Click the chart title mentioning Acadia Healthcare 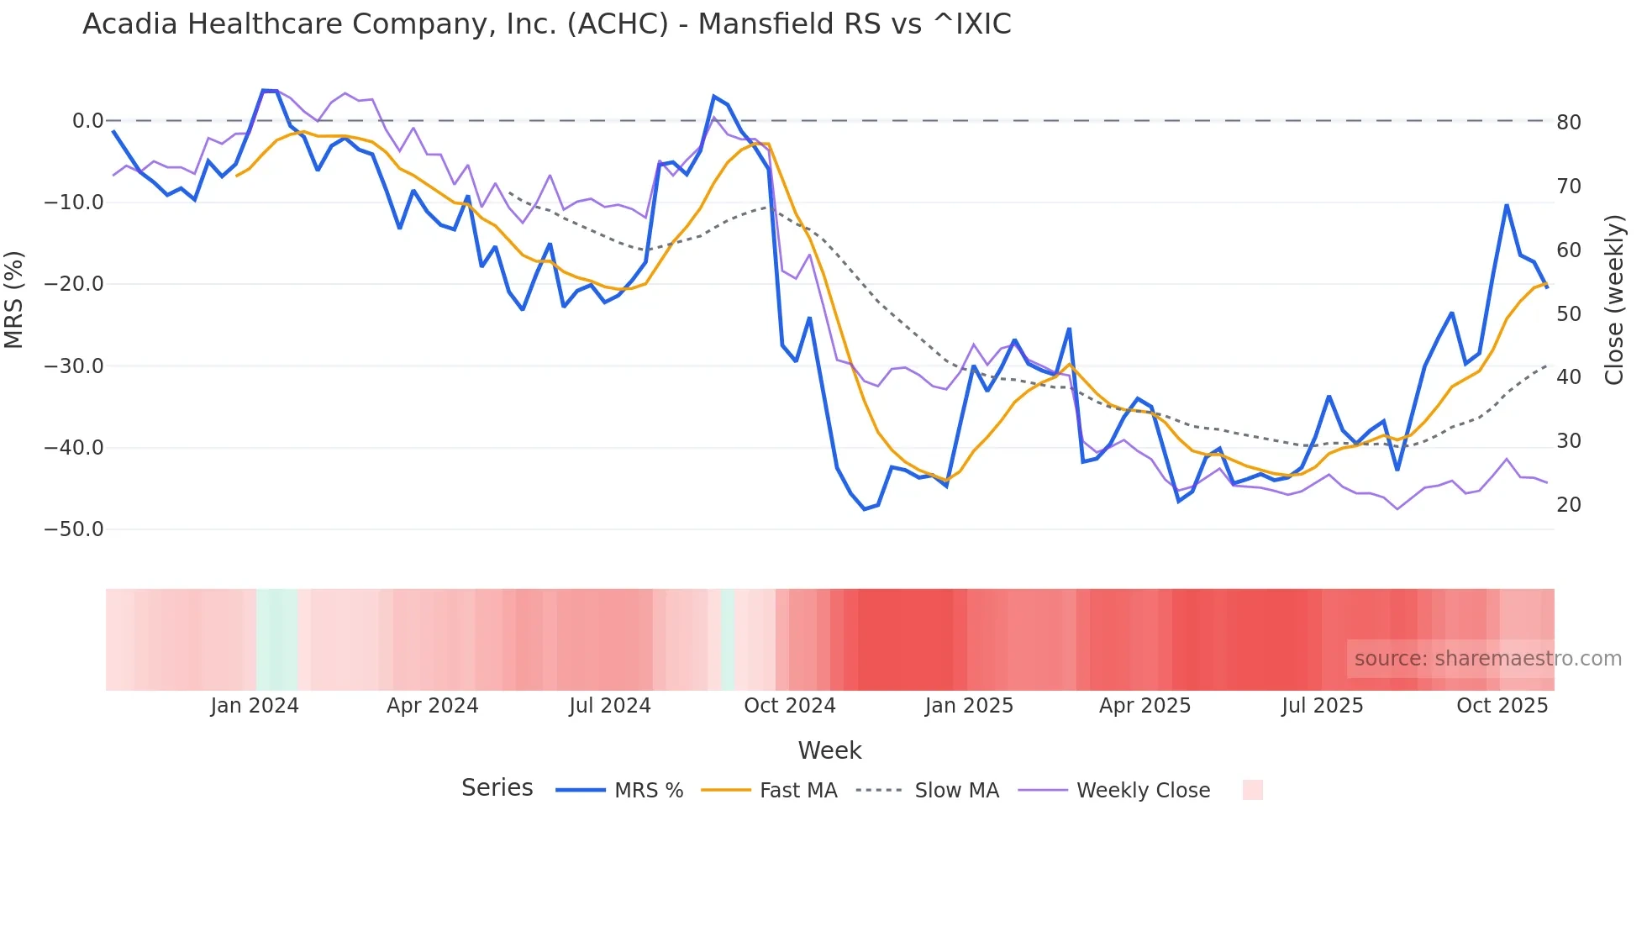pos(546,24)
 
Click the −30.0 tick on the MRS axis pos(74,366)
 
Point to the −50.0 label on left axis pos(74,529)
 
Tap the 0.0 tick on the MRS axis pos(87,121)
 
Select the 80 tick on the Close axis pos(1569,123)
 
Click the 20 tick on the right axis pos(1569,505)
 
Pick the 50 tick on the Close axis pos(1569,314)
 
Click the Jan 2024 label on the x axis pos(255,706)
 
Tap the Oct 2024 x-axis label pos(790,706)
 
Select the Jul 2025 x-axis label pos(1323,706)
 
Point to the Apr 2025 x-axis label pos(1145,706)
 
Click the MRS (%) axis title pos(14,299)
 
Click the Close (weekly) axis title pos(1614,300)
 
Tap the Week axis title pos(829,750)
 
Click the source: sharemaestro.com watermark pos(1487,659)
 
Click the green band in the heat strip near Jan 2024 pos(277,639)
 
